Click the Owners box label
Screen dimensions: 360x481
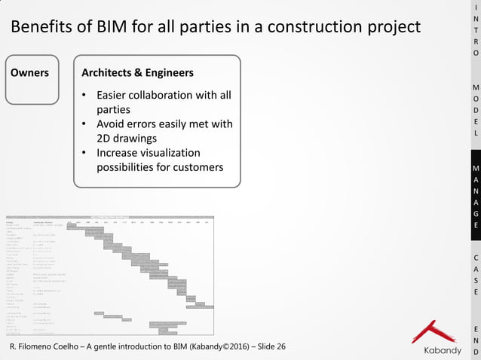point(29,73)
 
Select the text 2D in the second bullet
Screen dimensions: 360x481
point(106,138)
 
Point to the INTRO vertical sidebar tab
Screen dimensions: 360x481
point(475,30)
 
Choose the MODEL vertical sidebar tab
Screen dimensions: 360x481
point(475,109)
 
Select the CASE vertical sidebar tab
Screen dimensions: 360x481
point(475,274)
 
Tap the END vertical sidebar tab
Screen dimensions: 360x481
point(475,340)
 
